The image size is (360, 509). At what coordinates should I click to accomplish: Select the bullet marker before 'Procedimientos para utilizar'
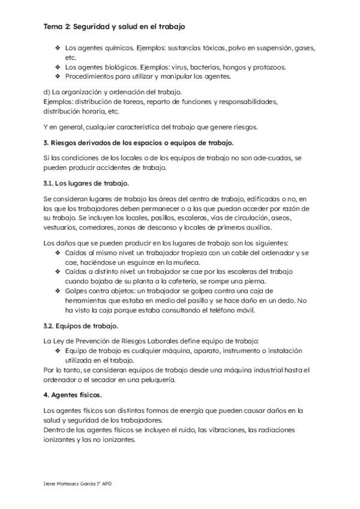pos(58,76)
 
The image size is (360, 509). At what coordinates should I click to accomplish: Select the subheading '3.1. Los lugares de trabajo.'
pos(86,182)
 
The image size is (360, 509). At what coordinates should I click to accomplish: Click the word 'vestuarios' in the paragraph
pos(61,227)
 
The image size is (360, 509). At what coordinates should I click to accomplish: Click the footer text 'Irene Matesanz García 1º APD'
pos(78,483)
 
